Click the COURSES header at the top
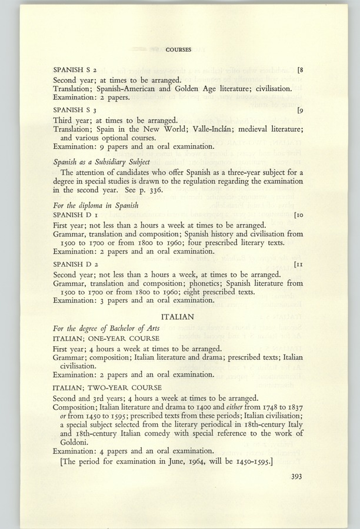(178, 50)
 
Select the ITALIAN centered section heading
(178, 317)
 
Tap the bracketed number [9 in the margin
(300, 109)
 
